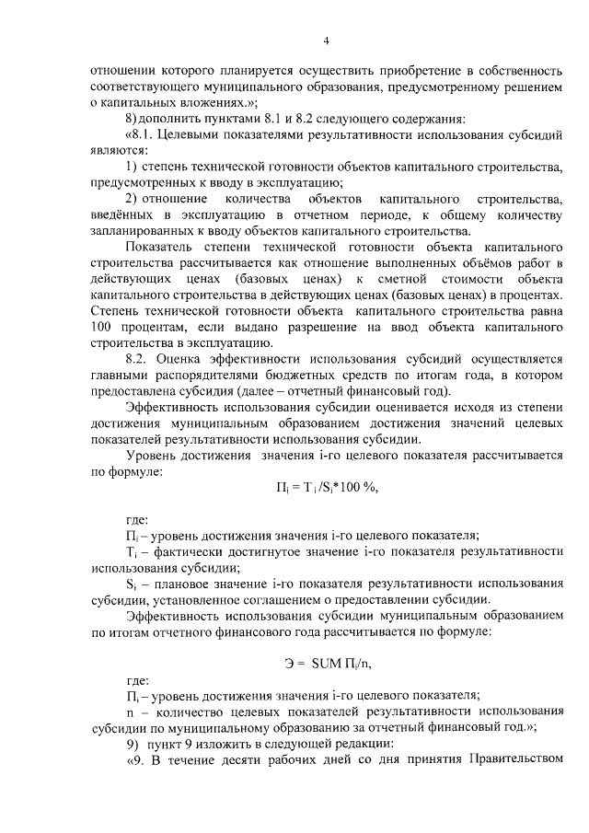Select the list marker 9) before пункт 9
pos(132,743)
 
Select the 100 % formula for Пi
pos(326,488)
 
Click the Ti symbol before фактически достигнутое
pos(131,550)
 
